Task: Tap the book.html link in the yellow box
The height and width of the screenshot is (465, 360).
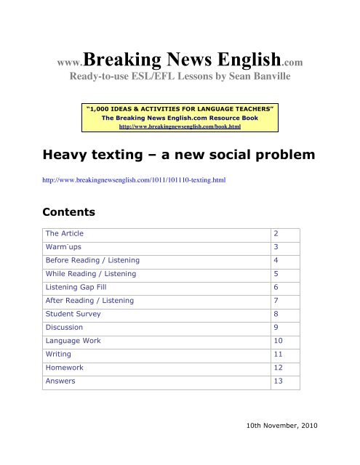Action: coord(179,126)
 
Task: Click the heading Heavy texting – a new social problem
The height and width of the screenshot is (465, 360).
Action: coord(167,155)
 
